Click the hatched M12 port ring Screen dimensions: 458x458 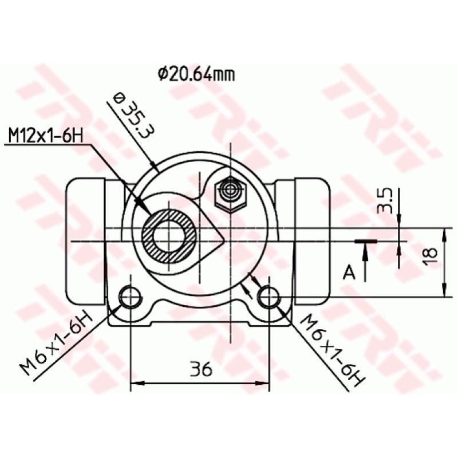coord(169,236)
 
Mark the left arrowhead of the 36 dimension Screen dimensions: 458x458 coord(136,384)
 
